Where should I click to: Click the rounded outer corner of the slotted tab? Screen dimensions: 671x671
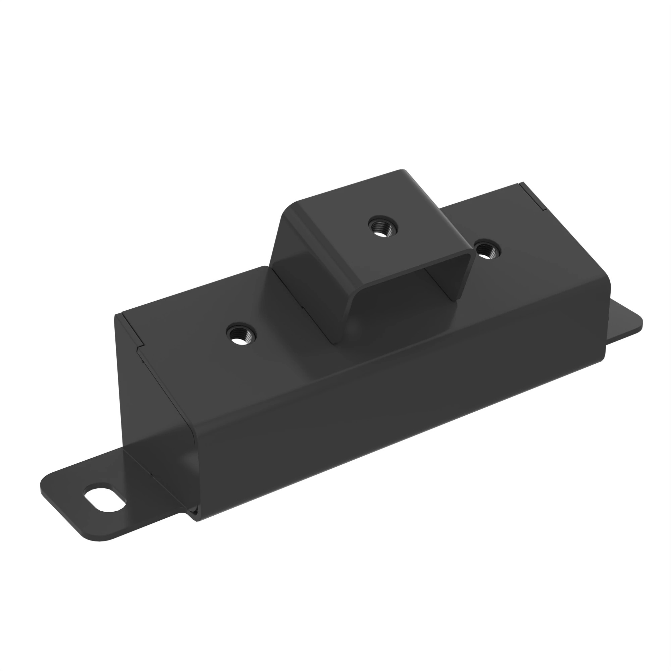pyautogui.click(x=52, y=486)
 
